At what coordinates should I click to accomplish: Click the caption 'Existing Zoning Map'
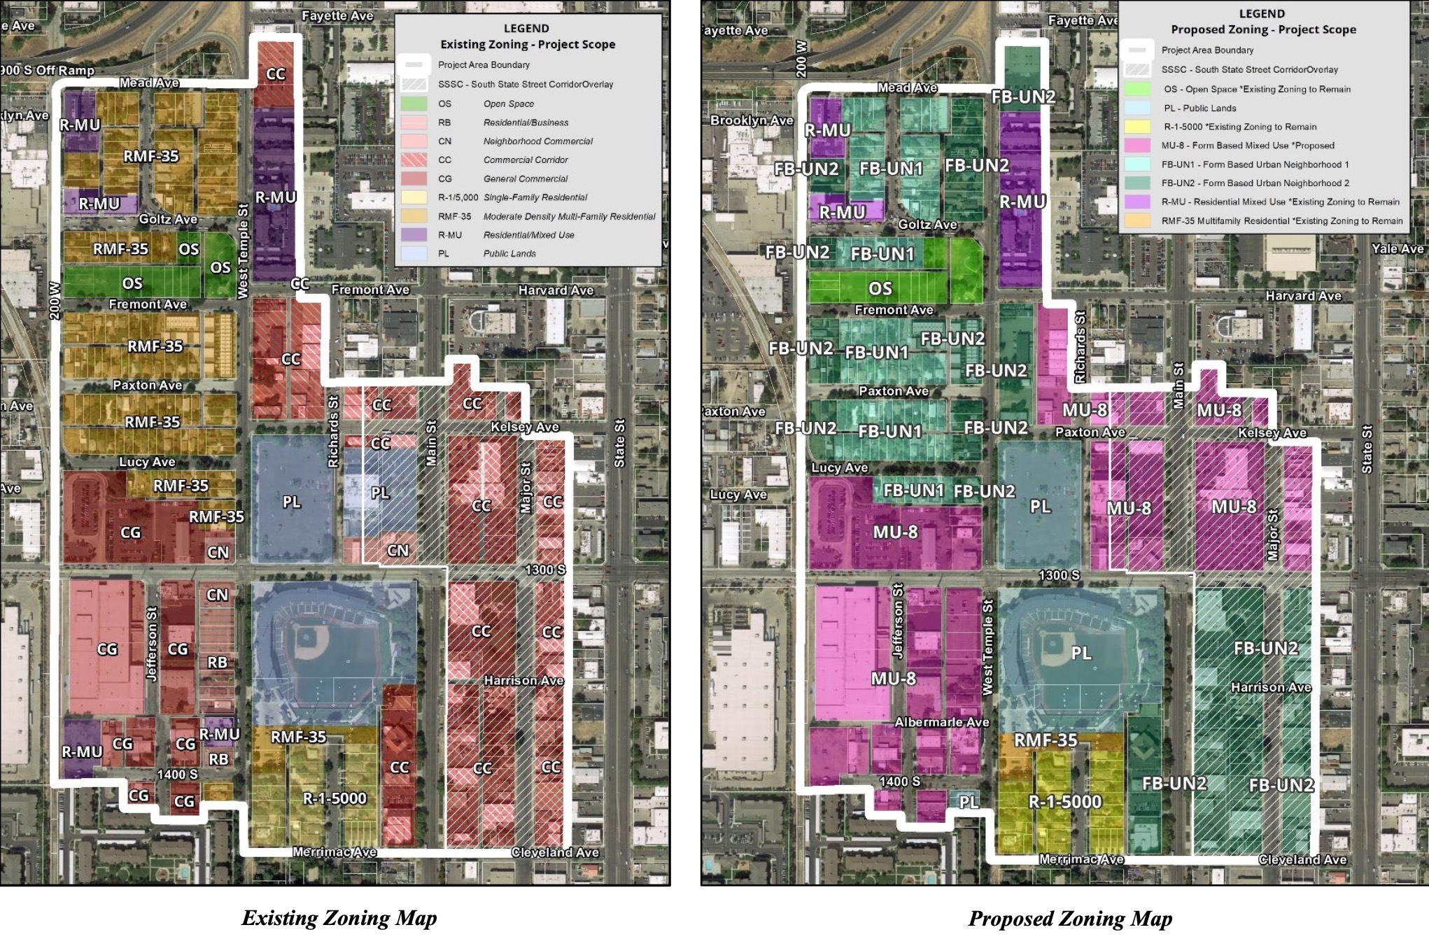click(339, 917)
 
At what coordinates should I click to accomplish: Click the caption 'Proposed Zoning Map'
click(1070, 918)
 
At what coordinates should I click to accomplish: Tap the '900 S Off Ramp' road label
click(48, 70)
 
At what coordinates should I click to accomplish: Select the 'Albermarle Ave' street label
click(942, 721)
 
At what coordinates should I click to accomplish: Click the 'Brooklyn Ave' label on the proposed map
click(752, 120)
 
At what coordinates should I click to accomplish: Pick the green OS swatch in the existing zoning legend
click(413, 104)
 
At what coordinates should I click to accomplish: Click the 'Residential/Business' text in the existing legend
click(526, 122)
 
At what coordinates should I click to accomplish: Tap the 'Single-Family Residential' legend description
click(535, 197)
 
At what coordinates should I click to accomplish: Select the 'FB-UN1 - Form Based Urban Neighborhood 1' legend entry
click(1255, 164)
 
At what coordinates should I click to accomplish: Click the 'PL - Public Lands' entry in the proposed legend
click(1199, 108)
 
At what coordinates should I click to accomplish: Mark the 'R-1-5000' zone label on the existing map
click(335, 798)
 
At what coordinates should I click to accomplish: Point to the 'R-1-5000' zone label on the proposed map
click(1064, 802)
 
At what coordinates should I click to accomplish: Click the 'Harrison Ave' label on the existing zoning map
click(523, 680)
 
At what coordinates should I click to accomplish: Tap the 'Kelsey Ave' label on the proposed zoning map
click(1272, 432)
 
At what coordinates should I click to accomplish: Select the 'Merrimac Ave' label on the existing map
click(335, 852)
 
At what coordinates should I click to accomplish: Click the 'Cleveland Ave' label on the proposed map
click(1302, 859)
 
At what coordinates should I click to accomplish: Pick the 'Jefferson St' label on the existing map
click(152, 643)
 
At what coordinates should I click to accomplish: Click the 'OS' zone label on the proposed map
click(880, 288)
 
